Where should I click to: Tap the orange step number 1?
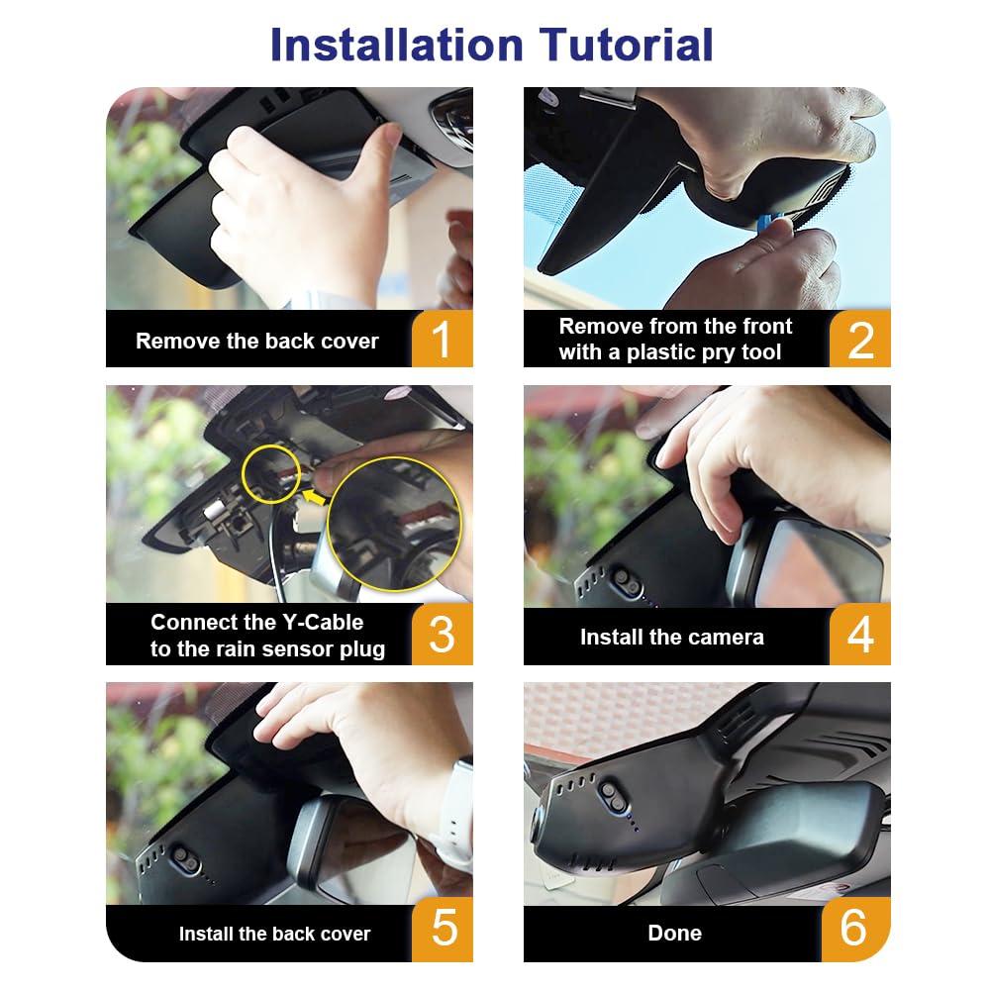click(x=442, y=340)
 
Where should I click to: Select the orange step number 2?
click(x=859, y=340)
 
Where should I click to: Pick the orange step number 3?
click(x=442, y=635)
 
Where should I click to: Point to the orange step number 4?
click(x=859, y=635)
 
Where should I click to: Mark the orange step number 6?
click(x=854, y=930)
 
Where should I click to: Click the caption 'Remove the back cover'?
click(x=257, y=342)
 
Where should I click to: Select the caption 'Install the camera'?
click(x=671, y=638)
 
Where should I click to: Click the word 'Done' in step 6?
click(x=674, y=933)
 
